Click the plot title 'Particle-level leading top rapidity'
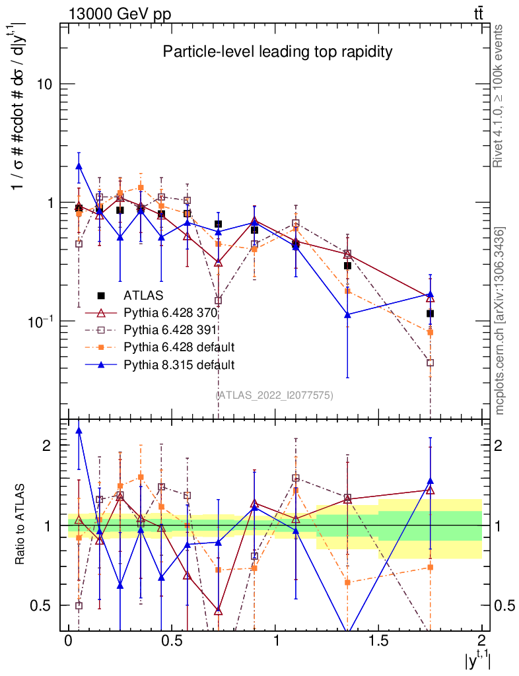(x=278, y=52)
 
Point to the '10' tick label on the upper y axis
(x=45, y=84)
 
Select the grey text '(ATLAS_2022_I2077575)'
(x=274, y=395)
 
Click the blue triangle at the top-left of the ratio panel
(x=79, y=430)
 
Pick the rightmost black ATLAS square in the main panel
(x=430, y=314)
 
